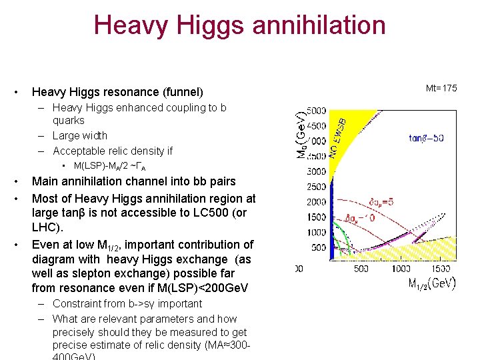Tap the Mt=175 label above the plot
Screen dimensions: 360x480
point(441,88)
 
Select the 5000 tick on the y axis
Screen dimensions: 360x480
point(317,111)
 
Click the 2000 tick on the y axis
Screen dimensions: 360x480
point(317,202)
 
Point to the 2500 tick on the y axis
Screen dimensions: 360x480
point(317,187)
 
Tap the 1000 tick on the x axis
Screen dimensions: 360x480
point(401,269)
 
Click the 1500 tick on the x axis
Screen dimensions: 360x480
point(441,269)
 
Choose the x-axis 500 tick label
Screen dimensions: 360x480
point(361,269)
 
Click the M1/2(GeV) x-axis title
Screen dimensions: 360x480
point(432,283)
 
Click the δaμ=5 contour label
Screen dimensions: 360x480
point(383,202)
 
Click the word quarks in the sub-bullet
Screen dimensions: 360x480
point(69,121)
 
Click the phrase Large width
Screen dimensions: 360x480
point(80,135)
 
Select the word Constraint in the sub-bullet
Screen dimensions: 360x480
point(78,304)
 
